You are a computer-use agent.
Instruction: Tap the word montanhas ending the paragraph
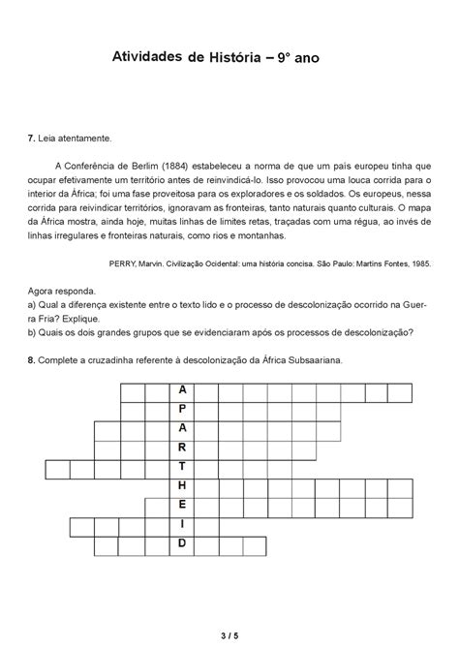click(258, 234)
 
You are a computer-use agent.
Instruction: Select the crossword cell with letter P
click(181, 408)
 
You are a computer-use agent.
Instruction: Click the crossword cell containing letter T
click(181, 468)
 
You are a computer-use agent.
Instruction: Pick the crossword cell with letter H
click(181, 487)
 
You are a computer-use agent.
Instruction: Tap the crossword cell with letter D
click(181, 545)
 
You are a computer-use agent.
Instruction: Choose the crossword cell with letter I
click(181, 526)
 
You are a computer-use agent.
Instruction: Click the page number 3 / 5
click(229, 634)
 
